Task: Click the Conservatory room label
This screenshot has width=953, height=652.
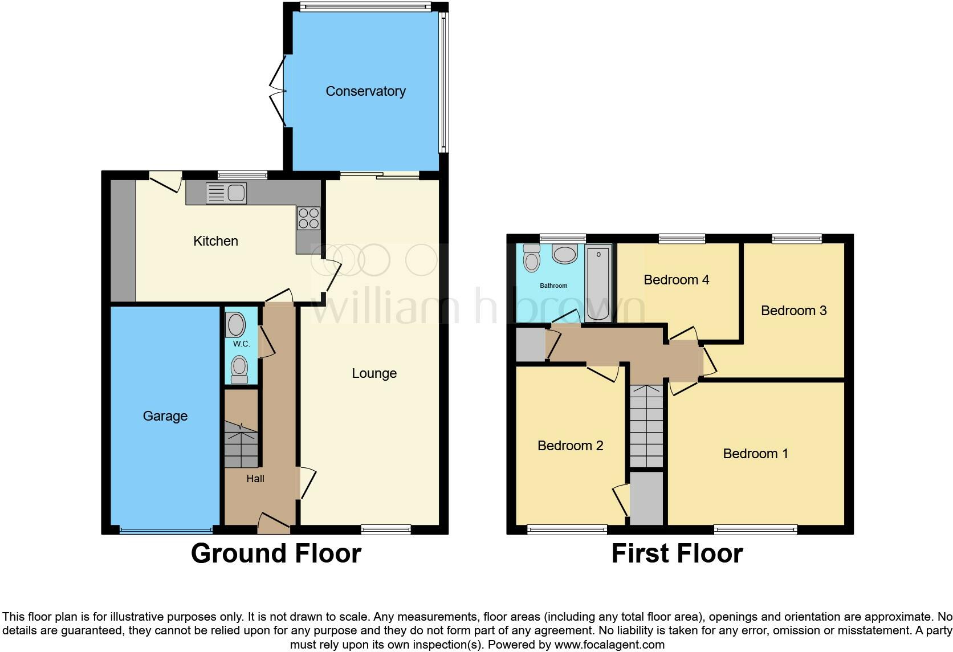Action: click(x=365, y=91)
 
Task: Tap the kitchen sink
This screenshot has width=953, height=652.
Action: click(x=226, y=193)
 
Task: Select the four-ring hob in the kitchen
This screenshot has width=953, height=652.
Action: click(x=308, y=218)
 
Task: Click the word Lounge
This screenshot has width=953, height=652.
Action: click(x=374, y=373)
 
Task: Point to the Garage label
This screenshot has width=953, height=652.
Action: click(x=165, y=416)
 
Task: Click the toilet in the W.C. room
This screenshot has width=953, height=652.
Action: click(x=239, y=369)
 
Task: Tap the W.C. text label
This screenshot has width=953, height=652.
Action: click(x=241, y=344)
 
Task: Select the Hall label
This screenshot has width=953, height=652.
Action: click(x=255, y=479)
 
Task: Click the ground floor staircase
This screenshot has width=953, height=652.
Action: click(x=241, y=445)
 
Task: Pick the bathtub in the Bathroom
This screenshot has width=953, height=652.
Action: click(x=598, y=283)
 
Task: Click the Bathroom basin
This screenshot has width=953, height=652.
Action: click(x=564, y=254)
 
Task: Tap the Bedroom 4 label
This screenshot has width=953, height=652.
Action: click(x=676, y=280)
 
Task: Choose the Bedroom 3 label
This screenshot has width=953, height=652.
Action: click(x=793, y=311)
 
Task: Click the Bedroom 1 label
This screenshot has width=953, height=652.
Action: click(x=755, y=454)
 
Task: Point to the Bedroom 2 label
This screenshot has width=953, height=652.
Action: click(x=570, y=446)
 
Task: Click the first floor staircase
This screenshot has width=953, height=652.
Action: click(x=647, y=426)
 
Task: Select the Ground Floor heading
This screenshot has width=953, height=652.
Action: click(x=276, y=553)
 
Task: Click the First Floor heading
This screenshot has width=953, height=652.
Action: click(x=677, y=553)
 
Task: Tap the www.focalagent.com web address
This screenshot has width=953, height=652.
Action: click(x=609, y=645)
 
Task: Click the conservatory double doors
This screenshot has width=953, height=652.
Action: click(x=278, y=91)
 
